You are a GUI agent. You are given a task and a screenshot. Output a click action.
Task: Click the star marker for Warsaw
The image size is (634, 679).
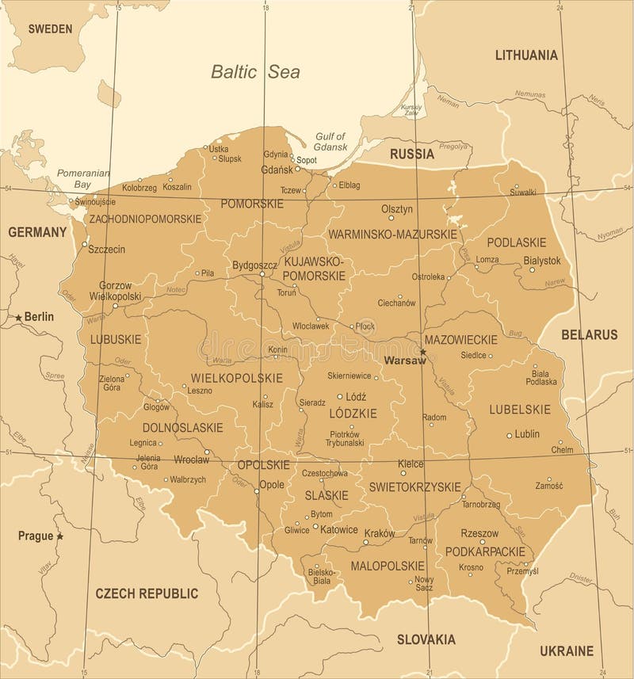[423, 351]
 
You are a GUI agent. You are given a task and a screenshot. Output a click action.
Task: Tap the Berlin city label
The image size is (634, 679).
[38, 316]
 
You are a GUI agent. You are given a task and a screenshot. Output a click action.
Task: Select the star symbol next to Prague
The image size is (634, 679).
[59, 536]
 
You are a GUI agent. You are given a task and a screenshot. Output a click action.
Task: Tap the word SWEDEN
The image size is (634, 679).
[50, 29]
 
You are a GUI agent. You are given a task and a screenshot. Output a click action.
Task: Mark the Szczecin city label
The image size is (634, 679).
[106, 248]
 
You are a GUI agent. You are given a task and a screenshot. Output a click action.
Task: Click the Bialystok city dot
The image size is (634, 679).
[533, 269]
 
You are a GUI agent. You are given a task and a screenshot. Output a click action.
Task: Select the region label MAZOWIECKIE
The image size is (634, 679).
[460, 339]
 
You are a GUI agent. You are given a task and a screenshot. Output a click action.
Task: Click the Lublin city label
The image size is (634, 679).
[527, 434]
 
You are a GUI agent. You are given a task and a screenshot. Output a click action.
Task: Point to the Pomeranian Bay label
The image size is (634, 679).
[76, 178]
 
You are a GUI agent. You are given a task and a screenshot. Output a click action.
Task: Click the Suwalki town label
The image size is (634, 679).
[523, 192]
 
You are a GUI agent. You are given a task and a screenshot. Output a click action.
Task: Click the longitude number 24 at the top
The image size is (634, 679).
[560, 7]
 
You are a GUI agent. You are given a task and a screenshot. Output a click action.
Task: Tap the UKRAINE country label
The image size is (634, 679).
[567, 650]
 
